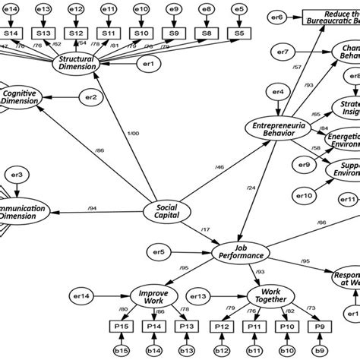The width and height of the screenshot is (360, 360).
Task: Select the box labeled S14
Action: pos(11,33)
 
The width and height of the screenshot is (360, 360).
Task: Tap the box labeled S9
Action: pos(175,33)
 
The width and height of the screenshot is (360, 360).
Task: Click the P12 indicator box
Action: pos(221,326)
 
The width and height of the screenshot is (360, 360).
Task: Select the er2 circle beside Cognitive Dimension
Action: pos(90,97)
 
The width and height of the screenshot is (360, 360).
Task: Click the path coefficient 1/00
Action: pos(134,134)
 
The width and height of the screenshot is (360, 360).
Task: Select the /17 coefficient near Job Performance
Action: pos(206,230)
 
